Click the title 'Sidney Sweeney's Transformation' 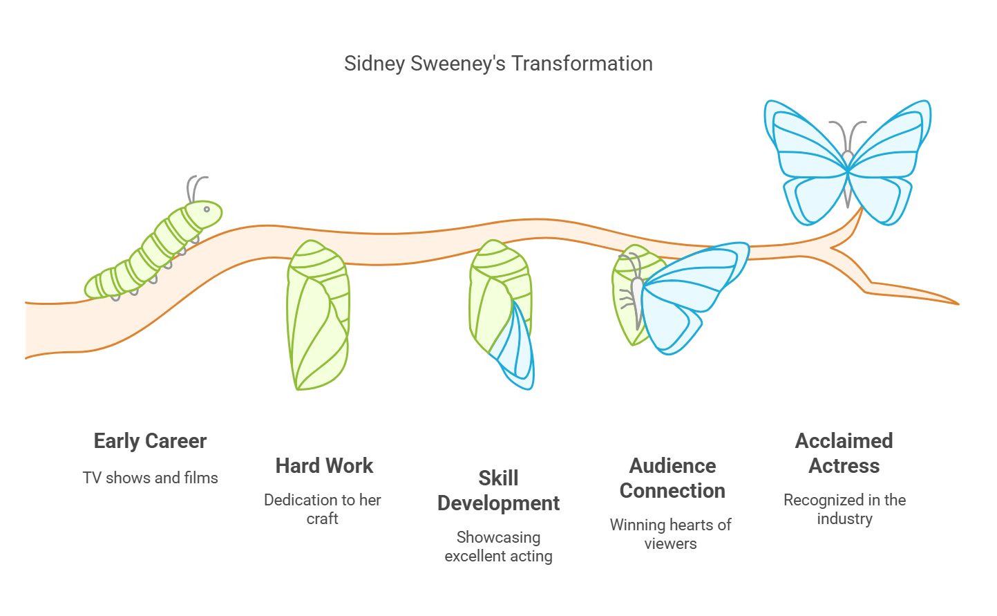498,64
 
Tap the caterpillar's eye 207,209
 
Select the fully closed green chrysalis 318,315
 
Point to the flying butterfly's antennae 848,135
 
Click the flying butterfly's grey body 848,178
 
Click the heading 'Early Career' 150,441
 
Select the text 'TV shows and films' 151,478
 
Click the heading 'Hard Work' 324,466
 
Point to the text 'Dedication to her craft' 322,509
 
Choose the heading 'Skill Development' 498,491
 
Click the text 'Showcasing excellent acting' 498,546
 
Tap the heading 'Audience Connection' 672,478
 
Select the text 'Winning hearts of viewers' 670,534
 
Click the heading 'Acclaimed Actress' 844,454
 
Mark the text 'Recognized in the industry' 844,509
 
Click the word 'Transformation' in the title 582,63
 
